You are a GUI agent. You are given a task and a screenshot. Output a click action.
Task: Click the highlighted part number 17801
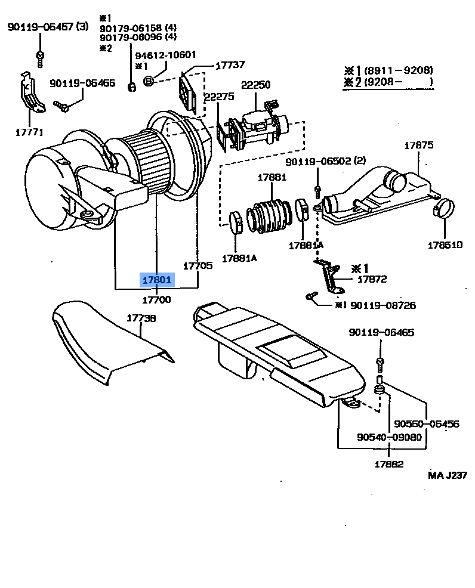point(157,280)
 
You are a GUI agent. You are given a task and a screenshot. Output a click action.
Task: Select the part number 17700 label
point(156,299)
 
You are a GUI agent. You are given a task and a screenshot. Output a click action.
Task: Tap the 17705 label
point(198,266)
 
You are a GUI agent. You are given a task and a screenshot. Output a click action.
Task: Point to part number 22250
point(255,85)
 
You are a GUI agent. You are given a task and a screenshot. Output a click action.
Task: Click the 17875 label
point(419,145)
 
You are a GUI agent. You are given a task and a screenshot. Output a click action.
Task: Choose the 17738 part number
point(141,318)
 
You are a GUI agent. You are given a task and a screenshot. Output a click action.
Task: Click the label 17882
point(389,464)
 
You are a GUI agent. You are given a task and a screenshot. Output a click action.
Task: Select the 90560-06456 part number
point(426,424)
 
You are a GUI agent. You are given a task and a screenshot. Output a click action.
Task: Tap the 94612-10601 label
point(165,55)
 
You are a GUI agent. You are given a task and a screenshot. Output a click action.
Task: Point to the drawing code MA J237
point(448,475)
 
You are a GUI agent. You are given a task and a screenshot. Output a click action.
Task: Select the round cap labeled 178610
point(444,208)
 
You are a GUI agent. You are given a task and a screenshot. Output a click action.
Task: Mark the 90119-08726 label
point(383,305)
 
